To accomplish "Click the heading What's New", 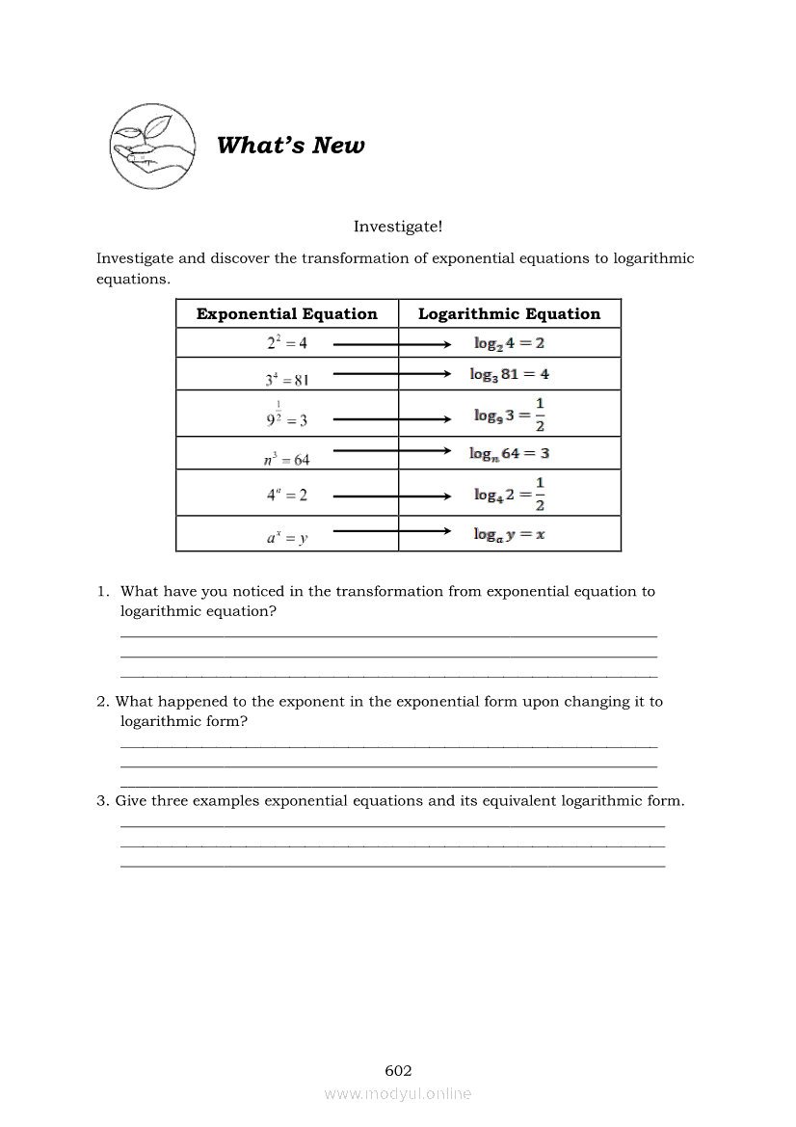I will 290,146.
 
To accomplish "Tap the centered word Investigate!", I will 398,227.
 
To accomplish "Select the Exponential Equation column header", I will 286,313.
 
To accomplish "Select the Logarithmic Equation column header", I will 509,313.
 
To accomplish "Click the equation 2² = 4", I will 287,342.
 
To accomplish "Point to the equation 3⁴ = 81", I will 287,378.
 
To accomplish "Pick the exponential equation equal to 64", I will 286,458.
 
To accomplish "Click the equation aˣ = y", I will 287,538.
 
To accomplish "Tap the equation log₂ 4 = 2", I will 509,342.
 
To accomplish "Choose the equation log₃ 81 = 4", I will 510,374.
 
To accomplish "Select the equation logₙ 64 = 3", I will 510,453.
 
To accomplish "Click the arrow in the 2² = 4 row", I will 391,343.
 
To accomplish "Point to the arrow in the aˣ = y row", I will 391,531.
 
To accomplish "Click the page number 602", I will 398,1070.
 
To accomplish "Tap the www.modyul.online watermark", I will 398,1093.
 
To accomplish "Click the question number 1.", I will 101,592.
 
